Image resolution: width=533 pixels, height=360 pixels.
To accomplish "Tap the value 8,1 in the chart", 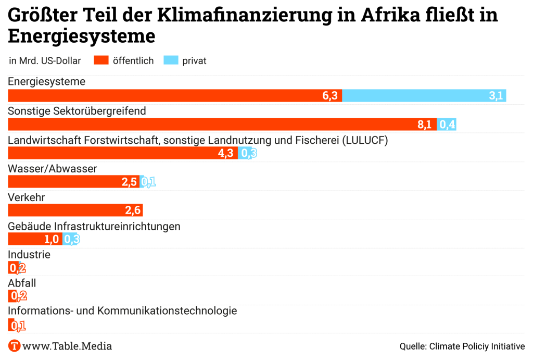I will (x=424, y=125).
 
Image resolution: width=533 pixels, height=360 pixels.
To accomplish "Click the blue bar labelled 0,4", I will (x=447, y=125).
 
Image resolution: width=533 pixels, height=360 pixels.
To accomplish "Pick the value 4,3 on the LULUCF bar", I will (x=225, y=153).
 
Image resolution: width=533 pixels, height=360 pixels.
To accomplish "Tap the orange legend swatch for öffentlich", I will (x=101, y=60).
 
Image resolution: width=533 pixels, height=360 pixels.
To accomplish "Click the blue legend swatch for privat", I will (x=171, y=60).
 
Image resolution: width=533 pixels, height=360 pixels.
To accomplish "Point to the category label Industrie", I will (x=29, y=255).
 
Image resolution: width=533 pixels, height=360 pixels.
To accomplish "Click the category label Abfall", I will (x=22, y=283).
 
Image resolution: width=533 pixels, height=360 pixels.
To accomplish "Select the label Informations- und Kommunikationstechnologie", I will (x=122, y=311).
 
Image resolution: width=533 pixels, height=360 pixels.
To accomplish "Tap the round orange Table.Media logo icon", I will (x=15, y=346).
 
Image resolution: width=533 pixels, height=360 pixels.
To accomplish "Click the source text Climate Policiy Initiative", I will (x=477, y=346).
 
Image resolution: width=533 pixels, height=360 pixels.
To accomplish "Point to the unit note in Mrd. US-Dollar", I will (x=45, y=61).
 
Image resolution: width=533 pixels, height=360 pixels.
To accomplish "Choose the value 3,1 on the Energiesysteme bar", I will (x=496, y=95).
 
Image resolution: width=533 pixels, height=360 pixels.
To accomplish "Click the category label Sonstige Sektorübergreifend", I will (x=77, y=111).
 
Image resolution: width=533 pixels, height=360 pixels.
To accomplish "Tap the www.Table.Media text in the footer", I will (x=67, y=346).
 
